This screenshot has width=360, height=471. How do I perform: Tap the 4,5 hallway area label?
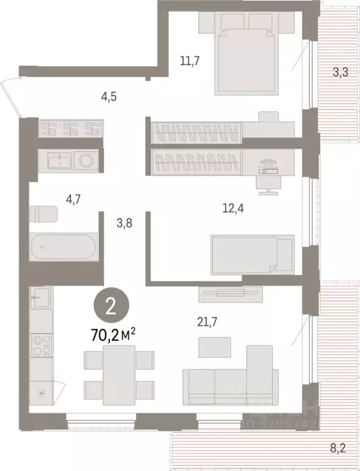tap(110, 96)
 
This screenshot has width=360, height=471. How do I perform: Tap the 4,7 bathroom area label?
tap(76, 198)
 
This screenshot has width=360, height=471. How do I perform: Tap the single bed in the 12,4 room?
tap(251, 252)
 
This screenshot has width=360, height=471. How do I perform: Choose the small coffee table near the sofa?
tap(214, 347)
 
